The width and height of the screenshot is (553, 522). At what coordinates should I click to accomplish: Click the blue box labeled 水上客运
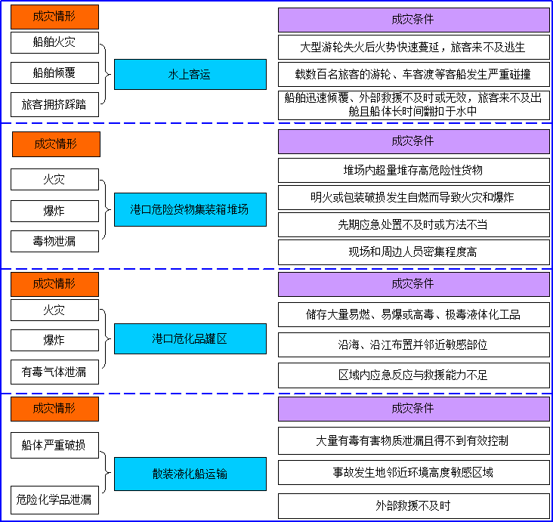click(x=190, y=75)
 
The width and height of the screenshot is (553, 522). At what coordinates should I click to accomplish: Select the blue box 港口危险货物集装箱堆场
click(x=190, y=209)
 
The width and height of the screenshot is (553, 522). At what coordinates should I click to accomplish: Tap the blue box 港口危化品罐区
click(x=190, y=338)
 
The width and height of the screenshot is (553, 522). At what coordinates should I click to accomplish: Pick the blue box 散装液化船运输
click(x=190, y=474)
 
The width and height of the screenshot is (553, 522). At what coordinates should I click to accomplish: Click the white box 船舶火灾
click(x=54, y=42)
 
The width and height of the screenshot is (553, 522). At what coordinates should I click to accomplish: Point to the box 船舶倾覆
click(x=54, y=73)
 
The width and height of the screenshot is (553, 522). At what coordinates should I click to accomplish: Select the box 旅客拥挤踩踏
click(x=54, y=104)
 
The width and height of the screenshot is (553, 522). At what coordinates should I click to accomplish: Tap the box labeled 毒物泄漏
click(x=54, y=241)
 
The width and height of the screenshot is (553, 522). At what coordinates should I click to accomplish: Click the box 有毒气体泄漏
click(x=54, y=372)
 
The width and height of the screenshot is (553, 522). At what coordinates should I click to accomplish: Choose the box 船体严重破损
click(x=54, y=445)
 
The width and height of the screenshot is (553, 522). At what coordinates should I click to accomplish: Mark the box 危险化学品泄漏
click(x=54, y=500)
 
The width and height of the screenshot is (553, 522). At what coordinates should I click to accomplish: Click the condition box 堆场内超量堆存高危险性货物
click(x=414, y=171)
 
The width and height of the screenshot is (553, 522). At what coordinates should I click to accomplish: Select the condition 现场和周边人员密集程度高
click(x=414, y=252)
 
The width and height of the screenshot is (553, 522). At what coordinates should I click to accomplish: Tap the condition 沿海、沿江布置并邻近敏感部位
click(x=414, y=344)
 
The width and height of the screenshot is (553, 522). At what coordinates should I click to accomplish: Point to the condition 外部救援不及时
click(x=414, y=506)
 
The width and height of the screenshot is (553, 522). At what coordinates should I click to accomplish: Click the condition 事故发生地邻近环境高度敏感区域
click(x=414, y=472)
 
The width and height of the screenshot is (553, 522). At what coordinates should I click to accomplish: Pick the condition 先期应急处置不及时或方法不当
click(x=414, y=224)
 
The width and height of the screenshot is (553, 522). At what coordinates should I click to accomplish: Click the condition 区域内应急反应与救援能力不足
click(x=414, y=375)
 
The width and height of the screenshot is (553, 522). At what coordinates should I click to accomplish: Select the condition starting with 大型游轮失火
click(x=414, y=47)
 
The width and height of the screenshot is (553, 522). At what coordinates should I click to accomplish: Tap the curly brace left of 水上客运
click(x=107, y=74)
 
